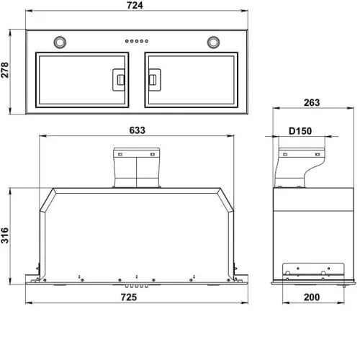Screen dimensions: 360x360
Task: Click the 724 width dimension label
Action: click(135, 5)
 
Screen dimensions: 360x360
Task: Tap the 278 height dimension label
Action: click(5, 70)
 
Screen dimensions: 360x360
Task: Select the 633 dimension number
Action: click(138, 130)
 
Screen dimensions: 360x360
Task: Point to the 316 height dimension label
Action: click(5, 235)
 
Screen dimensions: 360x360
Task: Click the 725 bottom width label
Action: click(129, 297)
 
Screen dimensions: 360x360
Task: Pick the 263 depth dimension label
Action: click(312, 103)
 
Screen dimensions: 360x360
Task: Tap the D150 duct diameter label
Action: click(300, 131)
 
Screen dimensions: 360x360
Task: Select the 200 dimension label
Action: click(312, 297)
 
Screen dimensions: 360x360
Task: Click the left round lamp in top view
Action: click(60, 42)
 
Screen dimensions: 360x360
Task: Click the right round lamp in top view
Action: click(213, 42)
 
